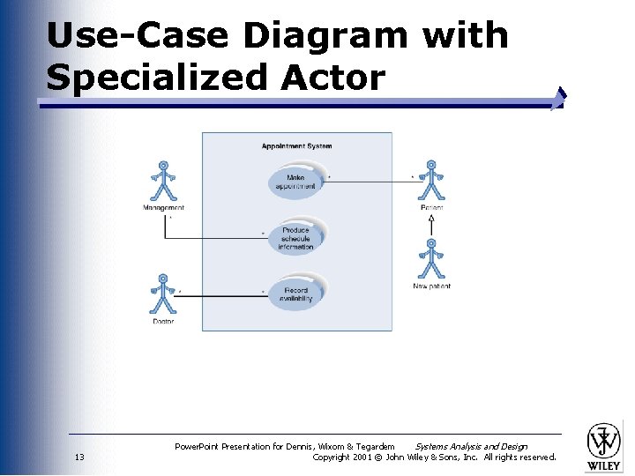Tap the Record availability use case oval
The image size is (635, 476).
(x=296, y=294)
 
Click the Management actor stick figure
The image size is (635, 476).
(x=163, y=182)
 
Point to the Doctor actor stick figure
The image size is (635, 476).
(x=162, y=294)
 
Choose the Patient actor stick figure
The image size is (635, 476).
(x=431, y=181)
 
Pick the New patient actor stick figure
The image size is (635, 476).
(x=431, y=259)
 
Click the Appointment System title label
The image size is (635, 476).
(x=296, y=146)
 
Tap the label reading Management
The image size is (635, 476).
(x=164, y=208)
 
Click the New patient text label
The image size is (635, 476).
(x=431, y=286)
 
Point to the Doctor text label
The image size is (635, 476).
(x=163, y=322)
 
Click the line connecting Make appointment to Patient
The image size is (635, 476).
(x=370, y=182)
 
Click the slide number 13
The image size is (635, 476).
(x=79, y=457)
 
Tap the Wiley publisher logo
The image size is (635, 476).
(x=604, y=446)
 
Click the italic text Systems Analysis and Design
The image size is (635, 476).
(x=471, y=447)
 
